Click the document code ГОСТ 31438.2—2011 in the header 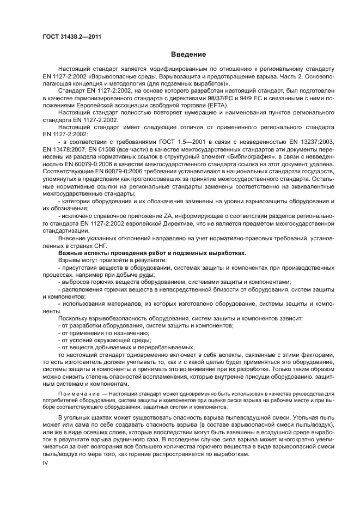coord(72,38)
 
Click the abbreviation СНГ coord(101,246)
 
